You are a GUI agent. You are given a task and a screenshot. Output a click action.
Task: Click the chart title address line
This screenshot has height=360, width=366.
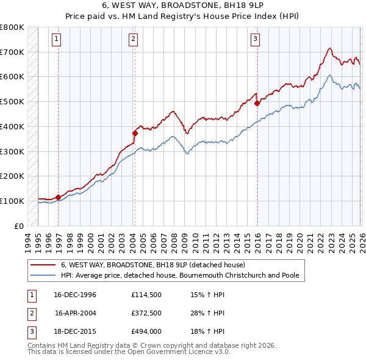coord(182,5)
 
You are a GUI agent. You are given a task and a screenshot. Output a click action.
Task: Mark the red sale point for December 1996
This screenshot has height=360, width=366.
coord(58,197)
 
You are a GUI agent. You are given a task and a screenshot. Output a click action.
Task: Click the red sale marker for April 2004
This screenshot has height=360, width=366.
coord(135,132)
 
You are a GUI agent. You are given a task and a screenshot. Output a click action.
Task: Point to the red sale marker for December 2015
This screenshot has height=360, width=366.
coord(257,103)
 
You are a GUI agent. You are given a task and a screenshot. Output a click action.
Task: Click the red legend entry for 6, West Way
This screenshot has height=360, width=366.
coord(152,265)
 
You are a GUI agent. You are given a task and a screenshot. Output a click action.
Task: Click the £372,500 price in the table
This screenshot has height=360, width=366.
coord(146,313)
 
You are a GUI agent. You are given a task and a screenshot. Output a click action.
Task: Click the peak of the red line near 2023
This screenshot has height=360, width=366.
coord(329,48)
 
